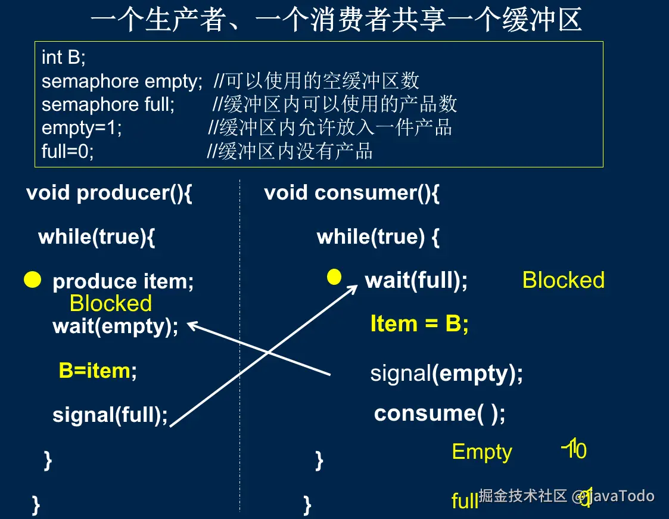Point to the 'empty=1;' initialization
(82, 128)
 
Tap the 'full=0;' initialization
(68, 151)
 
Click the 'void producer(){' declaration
(109, 193)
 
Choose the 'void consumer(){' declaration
(351, 193)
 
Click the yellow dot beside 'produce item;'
(33, 279)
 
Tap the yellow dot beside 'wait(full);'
(335, 276)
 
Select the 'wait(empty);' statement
(116, 327)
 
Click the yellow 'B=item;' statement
(98, 371)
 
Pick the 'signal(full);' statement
(110, 414)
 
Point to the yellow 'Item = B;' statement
(419, 324)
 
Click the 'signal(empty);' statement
(446, 374)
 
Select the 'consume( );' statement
(440, 413)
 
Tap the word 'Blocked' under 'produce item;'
(111, 303)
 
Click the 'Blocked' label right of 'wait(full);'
(563, 280)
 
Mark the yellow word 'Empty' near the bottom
(482, 452)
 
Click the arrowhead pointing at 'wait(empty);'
(192, 325)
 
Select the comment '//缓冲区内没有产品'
(290, 151)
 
